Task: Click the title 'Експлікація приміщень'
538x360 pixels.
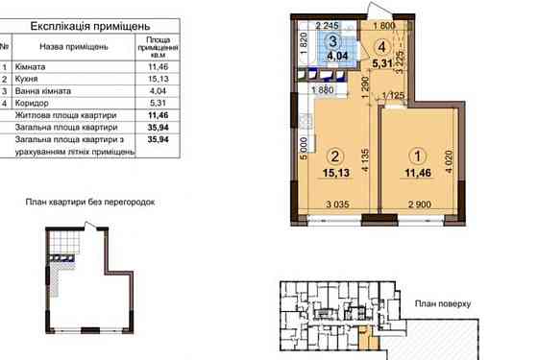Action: (90, 26)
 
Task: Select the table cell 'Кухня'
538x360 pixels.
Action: (27, 79)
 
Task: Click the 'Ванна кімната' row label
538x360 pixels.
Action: (43, 91)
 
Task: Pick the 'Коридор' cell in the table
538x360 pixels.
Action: (32, 103)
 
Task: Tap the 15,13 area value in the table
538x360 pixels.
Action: (159, 79)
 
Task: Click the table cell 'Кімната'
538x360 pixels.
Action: (30, 66)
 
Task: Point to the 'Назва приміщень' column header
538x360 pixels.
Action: (74, 47)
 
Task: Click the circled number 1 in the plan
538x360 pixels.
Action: (418, 156)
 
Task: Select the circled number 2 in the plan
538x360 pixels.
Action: (335, 156)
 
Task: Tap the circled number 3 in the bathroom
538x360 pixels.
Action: (332, 42)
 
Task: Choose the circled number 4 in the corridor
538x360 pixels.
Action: (382, 47)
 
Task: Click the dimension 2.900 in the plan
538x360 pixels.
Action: (420, 204)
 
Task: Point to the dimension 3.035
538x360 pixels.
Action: (337, 204)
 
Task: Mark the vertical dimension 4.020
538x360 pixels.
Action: (450, 161)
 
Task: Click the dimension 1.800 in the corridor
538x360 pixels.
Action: (384, 25)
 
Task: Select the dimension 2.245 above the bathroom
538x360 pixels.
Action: (327, 25)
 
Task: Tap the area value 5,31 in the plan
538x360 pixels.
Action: (382, 63)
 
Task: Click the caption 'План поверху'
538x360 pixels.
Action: (443, 303)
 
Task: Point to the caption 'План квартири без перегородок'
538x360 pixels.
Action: (90, 203)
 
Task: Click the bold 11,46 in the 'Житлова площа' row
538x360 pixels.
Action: (159, 115)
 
